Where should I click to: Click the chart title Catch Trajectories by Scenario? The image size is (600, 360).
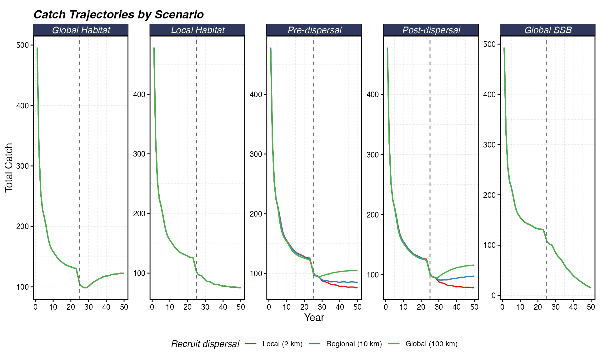[x=118, y=14]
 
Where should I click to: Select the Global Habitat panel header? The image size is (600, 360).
[x=81, y=30]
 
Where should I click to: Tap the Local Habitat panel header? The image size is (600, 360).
[x=197, y=30]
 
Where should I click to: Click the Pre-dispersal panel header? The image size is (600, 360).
[x=314, y=30]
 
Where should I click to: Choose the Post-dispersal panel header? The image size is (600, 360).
[x=431, y=30]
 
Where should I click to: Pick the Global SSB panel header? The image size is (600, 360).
[x=548, y=30]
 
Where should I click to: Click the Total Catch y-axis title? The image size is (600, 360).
[x=8, y=167]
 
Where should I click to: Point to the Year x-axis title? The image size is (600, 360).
[x=314, y=317]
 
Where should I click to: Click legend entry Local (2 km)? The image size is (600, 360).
[x=282, y=344]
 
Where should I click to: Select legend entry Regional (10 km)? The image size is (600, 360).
[x=354, y=344]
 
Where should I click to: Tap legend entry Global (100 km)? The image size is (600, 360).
[x=431, y=344]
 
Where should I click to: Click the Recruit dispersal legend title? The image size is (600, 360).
[x=205, y=344]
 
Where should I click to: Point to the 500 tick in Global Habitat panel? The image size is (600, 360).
[x=22, y=45]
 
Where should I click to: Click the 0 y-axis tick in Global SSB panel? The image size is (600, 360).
[x=494, y=295]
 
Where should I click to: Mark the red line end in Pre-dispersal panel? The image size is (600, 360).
[x=357, y=287]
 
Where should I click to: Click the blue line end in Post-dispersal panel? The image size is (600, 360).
[x=474, y=276]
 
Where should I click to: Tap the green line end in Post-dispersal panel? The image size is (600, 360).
[x=474, y=265]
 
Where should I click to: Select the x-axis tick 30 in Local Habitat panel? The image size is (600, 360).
[x=205, y=307]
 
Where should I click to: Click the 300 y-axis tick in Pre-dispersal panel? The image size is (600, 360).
[x=256, y=154]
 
